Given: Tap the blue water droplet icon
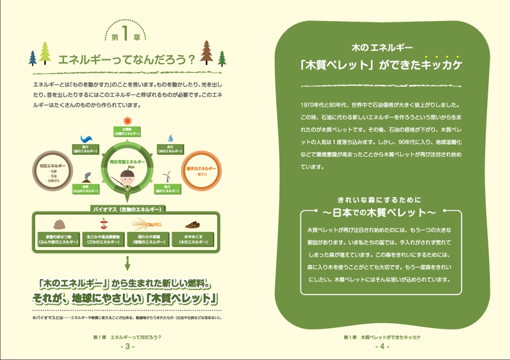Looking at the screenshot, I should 171,138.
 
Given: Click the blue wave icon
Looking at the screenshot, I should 88,139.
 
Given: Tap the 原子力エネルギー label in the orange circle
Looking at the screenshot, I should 201,168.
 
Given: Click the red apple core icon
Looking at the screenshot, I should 104,223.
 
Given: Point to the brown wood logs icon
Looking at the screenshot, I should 193,224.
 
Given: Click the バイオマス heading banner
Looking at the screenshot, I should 127,209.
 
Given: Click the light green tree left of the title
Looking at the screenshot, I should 45,54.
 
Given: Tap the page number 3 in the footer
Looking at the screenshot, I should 127,347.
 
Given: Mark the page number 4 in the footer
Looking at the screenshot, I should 382,347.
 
